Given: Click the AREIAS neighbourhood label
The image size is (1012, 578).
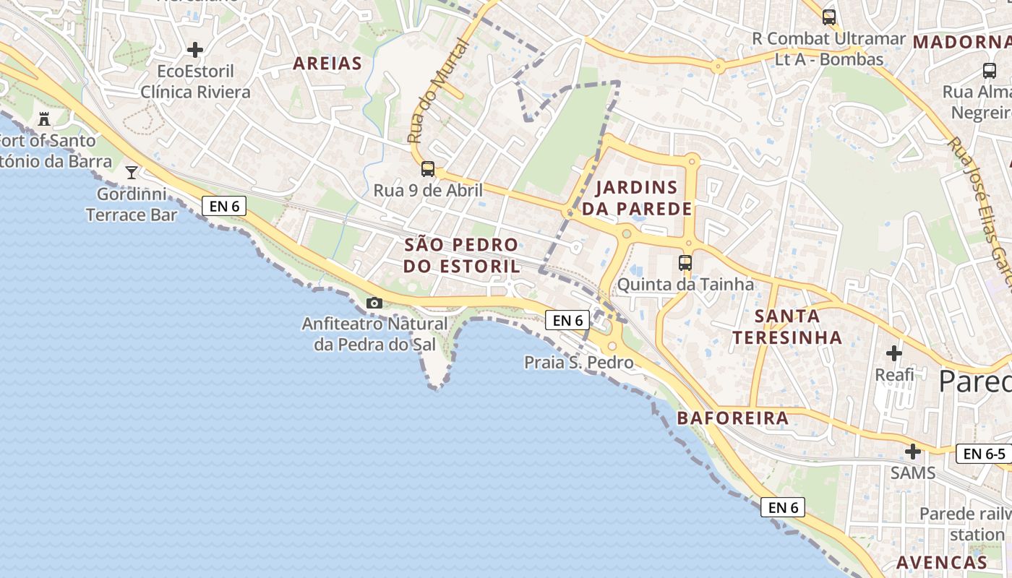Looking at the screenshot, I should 327,64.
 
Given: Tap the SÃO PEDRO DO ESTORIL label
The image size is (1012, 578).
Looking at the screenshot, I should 461,255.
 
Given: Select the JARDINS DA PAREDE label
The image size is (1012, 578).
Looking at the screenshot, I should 637,199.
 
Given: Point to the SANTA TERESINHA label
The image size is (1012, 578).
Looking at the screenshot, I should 787,327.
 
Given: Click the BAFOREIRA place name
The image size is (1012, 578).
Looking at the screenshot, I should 732,418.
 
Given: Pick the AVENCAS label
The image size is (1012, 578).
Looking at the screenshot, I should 942,562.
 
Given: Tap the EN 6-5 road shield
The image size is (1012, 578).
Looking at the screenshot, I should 984,454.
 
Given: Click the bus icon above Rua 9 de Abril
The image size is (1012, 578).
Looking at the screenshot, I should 428,169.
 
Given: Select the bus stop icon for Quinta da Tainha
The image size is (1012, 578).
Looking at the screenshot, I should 685,263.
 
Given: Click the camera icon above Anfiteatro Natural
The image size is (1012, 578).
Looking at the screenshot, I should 374,303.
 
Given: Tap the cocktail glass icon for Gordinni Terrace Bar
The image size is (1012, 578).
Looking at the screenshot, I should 132,172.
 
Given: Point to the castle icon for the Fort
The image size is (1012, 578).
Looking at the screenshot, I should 44,118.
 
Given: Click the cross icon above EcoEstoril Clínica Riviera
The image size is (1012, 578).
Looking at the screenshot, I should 195,50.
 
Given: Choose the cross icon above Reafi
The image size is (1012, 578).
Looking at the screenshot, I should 894,353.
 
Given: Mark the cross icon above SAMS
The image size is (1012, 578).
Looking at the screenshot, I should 913,452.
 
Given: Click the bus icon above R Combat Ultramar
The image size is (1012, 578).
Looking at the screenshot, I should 829,17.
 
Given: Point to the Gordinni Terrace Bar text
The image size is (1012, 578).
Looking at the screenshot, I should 131,204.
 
